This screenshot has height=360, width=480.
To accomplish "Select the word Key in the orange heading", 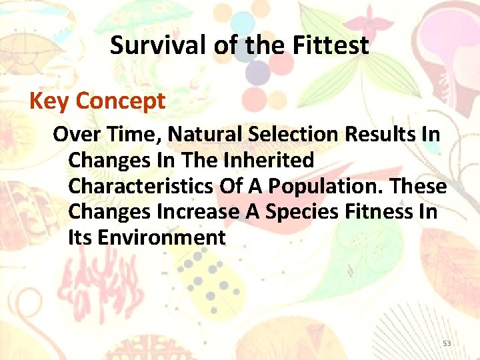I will tap(49, 101).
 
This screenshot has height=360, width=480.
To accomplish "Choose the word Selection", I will tap(294, 134).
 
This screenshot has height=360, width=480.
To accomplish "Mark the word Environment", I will tap(161, 237).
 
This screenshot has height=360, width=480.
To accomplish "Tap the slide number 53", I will tap(447, 343).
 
